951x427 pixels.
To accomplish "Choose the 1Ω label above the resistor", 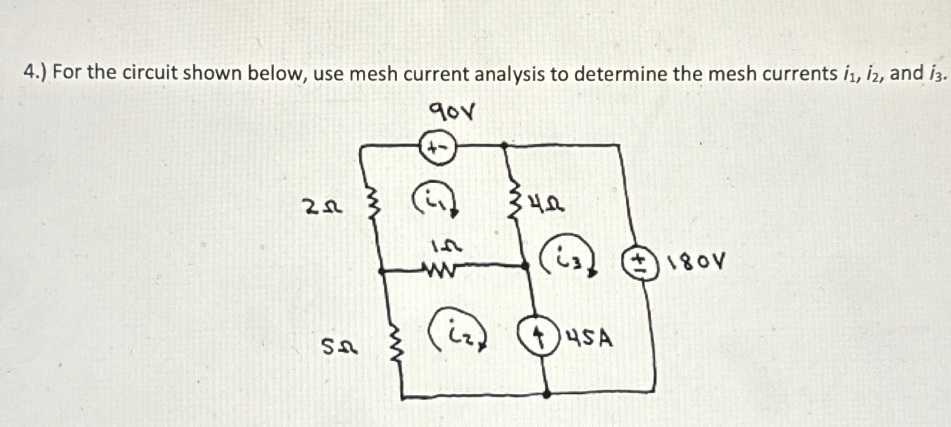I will point(443,246).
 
